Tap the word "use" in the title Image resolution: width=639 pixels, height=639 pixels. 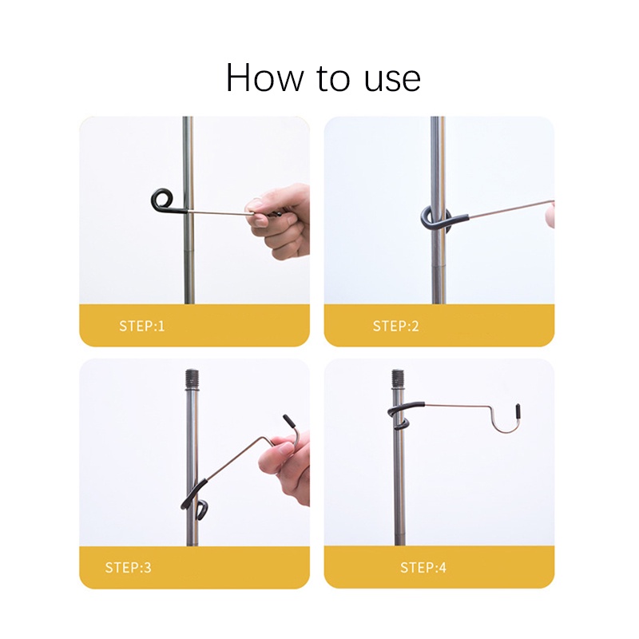pyautogui.click(x=392, y=80)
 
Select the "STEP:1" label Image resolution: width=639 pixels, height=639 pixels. pyautogui.click(x=142, y=326)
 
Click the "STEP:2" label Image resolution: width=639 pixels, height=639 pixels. pyautogui.click(x=395, y=326)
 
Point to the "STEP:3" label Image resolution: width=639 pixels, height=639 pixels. pyautogui.click(x=128, y=567)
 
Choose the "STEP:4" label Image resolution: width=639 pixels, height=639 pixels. pyautogui.click(x=423, y=567)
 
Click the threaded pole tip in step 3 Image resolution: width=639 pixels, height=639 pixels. pyautogui.click(x=192, y=379)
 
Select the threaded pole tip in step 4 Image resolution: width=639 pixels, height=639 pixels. pyautogui.click(x=398, y=379)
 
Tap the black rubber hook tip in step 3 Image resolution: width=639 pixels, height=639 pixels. pyautogui.click(x=289, y=421)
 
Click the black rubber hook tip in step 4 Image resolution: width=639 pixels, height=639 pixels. pyautogui.click(x=518, y=410)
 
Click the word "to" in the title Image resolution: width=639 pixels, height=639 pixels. pyautogui.click(x=333, y=79)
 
